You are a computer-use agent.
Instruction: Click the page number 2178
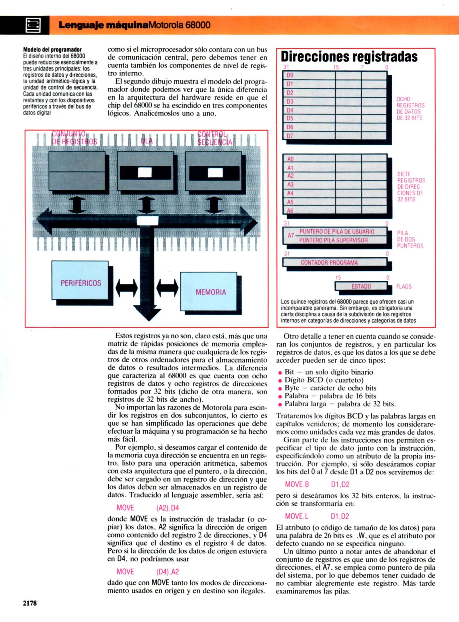pyautogui.click(x=30, y=603)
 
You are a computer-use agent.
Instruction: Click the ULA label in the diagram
pyautogui.click(x=146, y=141)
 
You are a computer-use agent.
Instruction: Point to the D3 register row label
pyautogui.click(x=290, y=102)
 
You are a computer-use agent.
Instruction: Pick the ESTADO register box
pyautogui.click(x=361, y=286)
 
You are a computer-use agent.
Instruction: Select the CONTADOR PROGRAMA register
pyautogui.click(x=329, y=263)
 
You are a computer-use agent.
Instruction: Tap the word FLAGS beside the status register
pyautogui.click(x=404, y=287)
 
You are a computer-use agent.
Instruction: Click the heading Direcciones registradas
pyautogui.click(x=349, y=57)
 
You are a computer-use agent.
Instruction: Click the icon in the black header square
pyautogui.click(x=33, y=25)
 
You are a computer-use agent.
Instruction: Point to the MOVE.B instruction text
pyautogui.click(x=297, y=484)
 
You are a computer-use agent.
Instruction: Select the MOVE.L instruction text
pyautogui.click(x=296, y=516)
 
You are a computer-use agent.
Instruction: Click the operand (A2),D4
pyautogui.click(x=167, y=508)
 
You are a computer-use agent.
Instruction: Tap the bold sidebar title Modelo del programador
pyautogui.click(x=52, y=50)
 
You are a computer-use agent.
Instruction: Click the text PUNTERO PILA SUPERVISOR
pyautogui.click(x=333, y=240)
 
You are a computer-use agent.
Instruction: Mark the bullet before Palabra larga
pyautogui.click(x=280, y=405)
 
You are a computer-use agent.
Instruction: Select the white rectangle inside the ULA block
pyautogui.click(x=145, y=172)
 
